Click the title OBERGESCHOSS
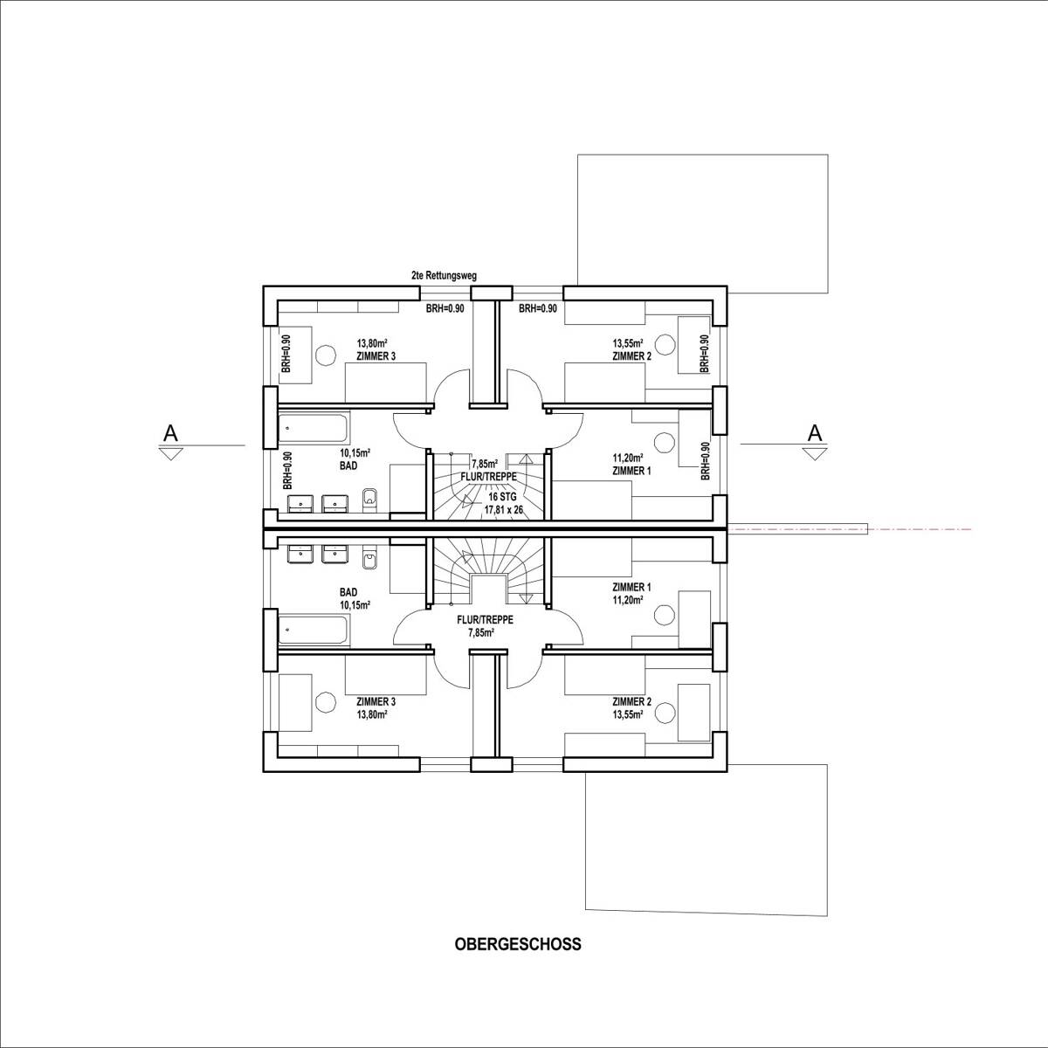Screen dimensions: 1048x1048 (x=517, y=944)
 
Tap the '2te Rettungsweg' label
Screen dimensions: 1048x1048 (x=444, y=275)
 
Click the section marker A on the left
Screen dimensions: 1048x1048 (x=171, y=431)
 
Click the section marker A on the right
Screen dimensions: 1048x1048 (x=814, y=431)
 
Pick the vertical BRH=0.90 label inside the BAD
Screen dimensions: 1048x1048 (x=286, y=471)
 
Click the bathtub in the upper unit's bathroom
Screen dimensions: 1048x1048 (x=315, y=429)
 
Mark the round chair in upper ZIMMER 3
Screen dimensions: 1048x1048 (x=325, y=355)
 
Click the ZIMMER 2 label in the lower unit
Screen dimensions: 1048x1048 (x=632, y=701)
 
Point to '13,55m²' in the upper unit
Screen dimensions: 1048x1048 (x=628, y=344)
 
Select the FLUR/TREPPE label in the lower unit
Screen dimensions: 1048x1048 (x=485, y=619)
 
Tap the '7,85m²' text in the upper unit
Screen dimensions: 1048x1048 (x=485, y=464)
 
